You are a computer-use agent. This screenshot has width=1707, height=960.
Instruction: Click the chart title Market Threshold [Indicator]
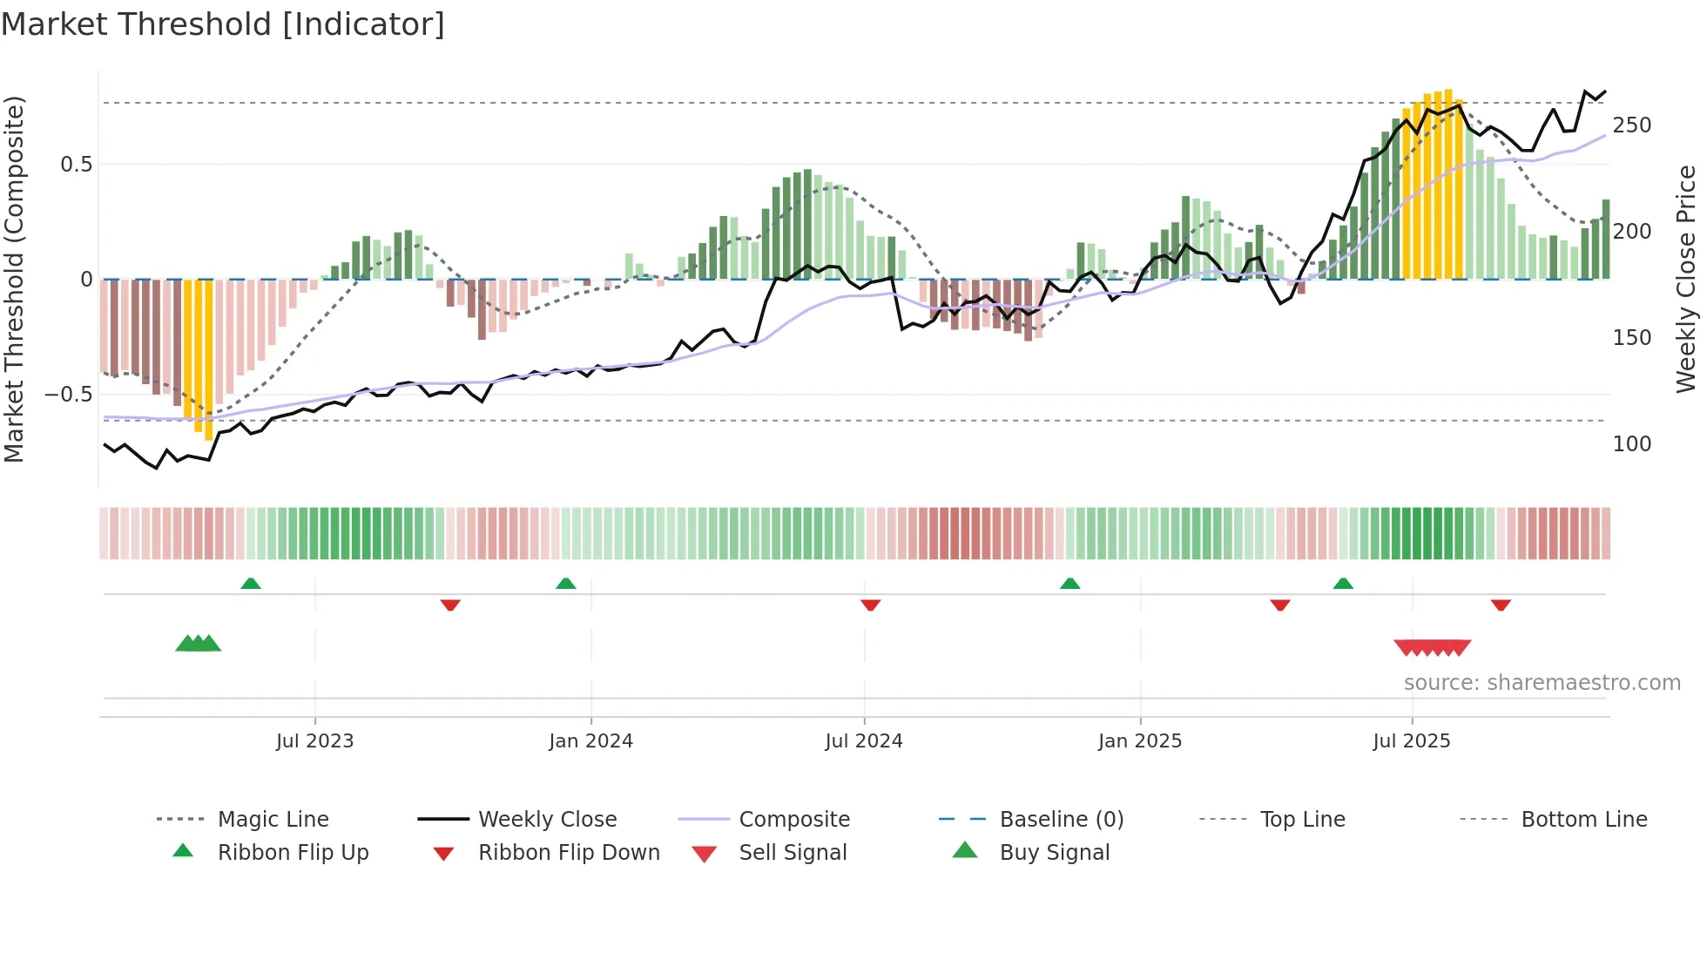click(x=223, y=24)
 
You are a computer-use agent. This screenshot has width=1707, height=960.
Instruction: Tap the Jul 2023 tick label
click(x=314, y=741)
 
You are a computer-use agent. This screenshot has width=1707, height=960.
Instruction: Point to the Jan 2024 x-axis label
click(x=590, y=741)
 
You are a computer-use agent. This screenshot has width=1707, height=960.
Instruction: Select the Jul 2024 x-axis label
click(x=863, y=741)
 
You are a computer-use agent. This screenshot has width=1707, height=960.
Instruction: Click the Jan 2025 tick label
click(x=1139, y=741)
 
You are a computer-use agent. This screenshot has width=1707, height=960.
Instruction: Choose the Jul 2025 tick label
click(x=1411, y=741)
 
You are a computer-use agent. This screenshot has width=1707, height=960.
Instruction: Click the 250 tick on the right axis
click(x=1631, y=125)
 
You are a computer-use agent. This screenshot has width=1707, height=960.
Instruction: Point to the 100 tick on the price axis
click(x=1631, y=444)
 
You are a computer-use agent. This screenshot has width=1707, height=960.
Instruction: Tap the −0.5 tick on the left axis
click(x=68, y=395)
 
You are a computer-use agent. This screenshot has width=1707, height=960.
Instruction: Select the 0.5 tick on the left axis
click(x=76, y=165)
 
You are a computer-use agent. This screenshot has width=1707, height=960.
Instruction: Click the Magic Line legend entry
click(x=273, y=820)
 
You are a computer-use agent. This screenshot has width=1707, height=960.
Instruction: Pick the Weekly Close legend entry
click(x=547, y=820)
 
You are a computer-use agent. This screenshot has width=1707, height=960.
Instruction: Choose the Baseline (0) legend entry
click(x=1061, y=820)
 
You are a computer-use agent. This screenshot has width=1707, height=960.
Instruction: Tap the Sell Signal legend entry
click(x=793, y=853)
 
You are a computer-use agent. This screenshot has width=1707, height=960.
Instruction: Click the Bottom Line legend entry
click(x=1583, y=820)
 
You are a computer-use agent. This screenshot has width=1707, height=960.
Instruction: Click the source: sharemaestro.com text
click(x=1542, y=683)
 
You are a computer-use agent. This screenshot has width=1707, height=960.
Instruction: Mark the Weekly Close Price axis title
click(x=1686, y=279)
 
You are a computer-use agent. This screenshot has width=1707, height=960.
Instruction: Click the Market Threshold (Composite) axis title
click(x=14, y=279)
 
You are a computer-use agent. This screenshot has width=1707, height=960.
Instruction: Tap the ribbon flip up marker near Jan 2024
click(x=566, y=584)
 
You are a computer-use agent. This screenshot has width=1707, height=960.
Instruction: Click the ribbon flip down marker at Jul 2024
click(x=870, y=605)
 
